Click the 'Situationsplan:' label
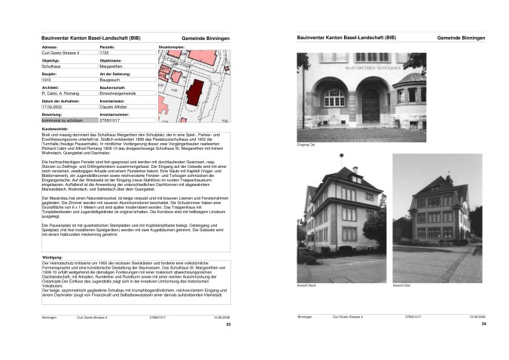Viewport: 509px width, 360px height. [x=172, y=47]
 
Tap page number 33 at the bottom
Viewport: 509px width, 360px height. [x=228, y=324]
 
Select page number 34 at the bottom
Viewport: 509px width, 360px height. [x=483, y=324]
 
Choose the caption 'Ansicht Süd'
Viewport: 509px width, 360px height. [x=401, y=285]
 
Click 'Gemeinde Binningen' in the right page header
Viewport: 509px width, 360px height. [x=461, y=38]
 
